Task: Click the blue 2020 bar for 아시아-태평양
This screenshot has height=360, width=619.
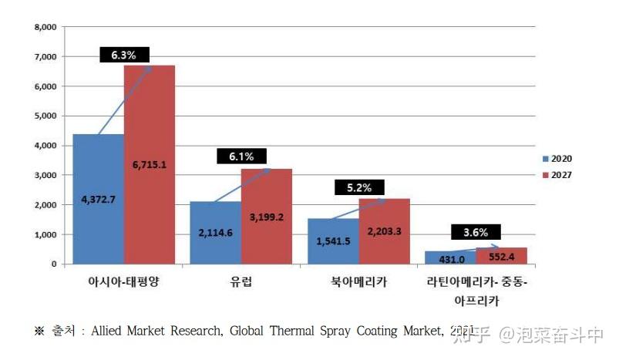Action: click(98, 199)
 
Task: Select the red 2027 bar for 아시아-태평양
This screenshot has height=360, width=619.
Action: click(150, 164)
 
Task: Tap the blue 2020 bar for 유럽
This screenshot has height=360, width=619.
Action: click(215, 233)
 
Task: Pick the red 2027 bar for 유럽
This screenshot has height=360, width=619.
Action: click(266, 216)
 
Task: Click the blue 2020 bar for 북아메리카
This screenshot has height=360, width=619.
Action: click(332, 241)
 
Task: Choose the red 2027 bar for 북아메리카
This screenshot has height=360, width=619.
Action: click(384, 231)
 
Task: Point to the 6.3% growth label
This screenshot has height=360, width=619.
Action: click(123, 55)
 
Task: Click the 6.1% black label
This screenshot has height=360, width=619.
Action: click(241, 156)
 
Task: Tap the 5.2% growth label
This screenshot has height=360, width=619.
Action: click(359, 187)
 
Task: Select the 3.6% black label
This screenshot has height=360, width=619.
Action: click(476, 231)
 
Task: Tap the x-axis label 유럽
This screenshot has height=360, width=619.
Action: click(241, 281)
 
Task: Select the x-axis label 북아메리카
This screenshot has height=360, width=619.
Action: click(358, 281)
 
